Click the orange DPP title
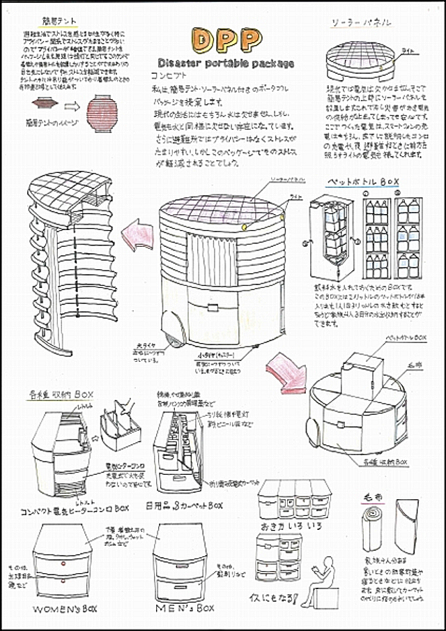click(x=222, y=40)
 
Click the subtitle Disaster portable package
click(x=222, y=63)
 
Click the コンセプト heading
click(x=169, y=75)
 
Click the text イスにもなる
click(x=272, y=598)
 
